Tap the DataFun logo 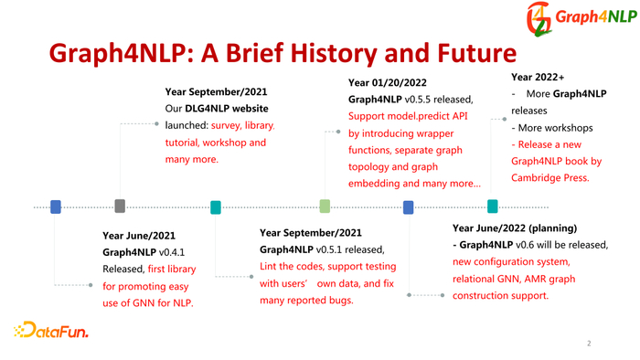coord(51,330)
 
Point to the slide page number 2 coord(590,344)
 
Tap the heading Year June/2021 coord(139,235)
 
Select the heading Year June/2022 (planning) coord(515,228)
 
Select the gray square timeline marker coord(120,206)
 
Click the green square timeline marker coord(325,206)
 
